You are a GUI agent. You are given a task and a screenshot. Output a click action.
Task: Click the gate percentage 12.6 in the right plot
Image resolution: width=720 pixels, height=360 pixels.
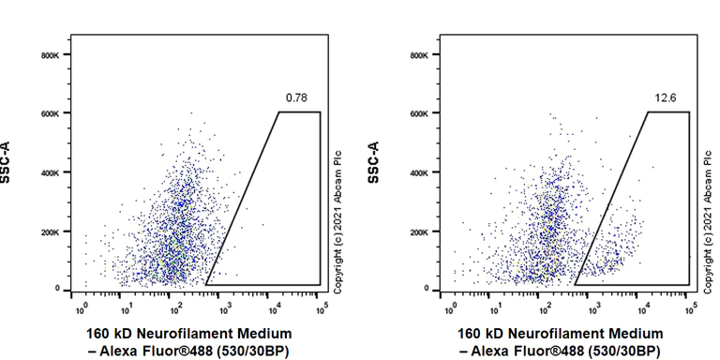click(665, 97)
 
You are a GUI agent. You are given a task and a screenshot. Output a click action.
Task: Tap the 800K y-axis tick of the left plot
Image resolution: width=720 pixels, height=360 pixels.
click(50, 55)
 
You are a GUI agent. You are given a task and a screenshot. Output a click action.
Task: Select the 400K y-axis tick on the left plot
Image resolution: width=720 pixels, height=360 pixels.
click(50, 172)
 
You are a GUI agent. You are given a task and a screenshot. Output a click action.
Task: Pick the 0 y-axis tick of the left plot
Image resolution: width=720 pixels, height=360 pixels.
click(57, 289)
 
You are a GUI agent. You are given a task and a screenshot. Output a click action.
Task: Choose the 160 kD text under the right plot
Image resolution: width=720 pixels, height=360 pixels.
click(476, 334)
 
